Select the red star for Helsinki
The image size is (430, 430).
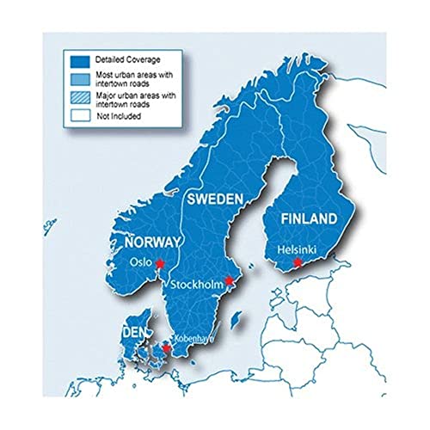click(298, 262)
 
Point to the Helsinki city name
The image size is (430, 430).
click(297, 249)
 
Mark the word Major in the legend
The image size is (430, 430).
click(107, 95)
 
